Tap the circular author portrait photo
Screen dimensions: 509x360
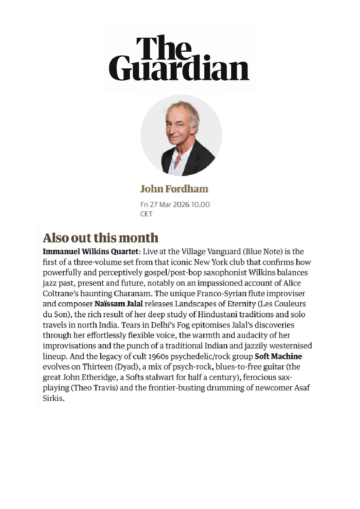(181, 135)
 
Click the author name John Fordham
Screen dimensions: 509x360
(174, 189)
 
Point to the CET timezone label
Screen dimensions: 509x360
(147, 214)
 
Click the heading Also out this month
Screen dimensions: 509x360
(101, 238)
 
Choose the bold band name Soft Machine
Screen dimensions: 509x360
(278, 356)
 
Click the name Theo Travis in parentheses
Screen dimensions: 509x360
(94, 388)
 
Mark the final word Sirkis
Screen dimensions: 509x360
(53, 398)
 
